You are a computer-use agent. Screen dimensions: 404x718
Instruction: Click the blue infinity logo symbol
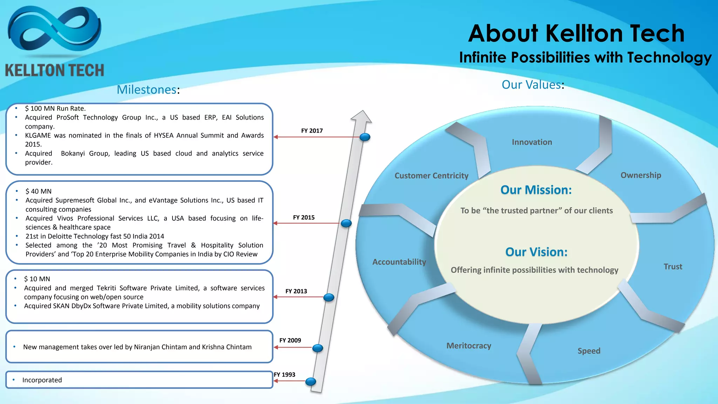click(x=54, y=32)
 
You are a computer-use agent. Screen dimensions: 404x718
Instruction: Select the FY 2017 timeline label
click(x=312, y=131)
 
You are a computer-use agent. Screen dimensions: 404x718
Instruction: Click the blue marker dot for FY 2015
click(x=346, y=223)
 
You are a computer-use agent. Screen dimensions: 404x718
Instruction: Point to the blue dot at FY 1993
click(x=311, y=382)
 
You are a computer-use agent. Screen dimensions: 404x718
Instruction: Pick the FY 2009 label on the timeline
click(x=290, y=341)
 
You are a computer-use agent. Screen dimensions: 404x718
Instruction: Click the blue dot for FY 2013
click(x=328, y=297)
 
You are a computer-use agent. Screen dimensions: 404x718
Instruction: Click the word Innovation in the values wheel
click(x=531, y=142)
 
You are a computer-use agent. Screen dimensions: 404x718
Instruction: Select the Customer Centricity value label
click(x=431, y=176)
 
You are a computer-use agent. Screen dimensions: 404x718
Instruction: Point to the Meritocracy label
click(x=468, y=346)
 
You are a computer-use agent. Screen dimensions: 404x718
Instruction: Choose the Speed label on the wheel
click(x=589, y=351)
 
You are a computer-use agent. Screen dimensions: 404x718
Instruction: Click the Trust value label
click(x=672, y=267)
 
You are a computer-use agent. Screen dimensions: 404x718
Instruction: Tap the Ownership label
click(x=641, y=175)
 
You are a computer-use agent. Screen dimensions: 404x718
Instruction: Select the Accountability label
click(x=399, y=262)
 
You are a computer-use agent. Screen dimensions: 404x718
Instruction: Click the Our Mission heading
click(x=536, y=190)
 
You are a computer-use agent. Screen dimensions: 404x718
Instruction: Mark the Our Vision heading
click(x=536, y=252)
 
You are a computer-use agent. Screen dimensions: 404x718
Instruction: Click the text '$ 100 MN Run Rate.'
click(x=55, y=109)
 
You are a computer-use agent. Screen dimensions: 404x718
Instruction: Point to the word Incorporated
click(x=42, y=380)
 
